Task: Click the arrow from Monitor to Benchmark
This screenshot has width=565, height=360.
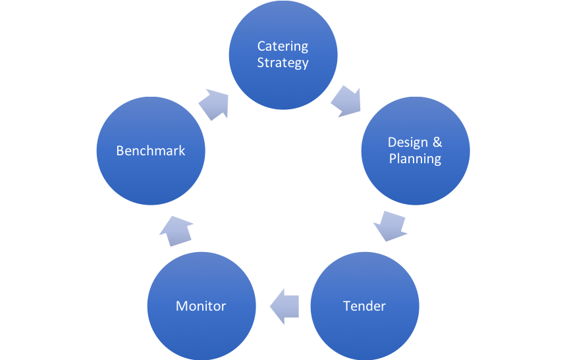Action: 176,230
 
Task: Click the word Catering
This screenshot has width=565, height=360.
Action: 282,47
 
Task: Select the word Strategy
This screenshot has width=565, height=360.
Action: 282,63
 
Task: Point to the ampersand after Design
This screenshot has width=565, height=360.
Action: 437,142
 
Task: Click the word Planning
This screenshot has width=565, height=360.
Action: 415,159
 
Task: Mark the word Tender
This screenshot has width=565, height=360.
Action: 364,306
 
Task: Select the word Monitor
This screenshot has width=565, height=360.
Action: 201,306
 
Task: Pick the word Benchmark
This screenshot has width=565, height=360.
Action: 151,151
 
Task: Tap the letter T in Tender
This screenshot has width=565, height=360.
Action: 346,306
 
